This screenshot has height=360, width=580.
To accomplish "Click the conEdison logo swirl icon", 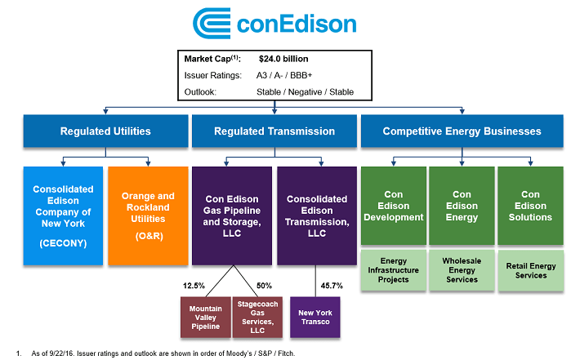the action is coord(212,24).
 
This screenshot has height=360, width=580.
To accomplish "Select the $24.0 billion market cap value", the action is coord(283,59).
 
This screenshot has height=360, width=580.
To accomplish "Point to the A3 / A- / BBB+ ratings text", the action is coord(284,75).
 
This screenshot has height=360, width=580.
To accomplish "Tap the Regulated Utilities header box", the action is coord(106,131).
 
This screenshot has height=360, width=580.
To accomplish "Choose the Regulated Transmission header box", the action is coord(274,131).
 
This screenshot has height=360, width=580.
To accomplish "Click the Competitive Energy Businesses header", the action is coord(462,131).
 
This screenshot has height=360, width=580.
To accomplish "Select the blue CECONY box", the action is coord(63,216).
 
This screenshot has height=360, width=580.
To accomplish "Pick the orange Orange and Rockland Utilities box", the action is coord(148,216).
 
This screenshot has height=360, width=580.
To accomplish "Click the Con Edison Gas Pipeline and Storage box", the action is coord(232,216).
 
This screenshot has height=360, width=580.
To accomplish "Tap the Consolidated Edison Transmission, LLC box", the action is coord(317,216).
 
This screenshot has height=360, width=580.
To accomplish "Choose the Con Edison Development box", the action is coord(394,206).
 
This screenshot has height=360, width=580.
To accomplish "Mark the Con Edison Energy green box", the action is coord(462,206).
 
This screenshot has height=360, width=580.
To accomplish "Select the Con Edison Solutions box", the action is coord(530,206).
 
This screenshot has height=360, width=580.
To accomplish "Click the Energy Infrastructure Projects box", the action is coord(394,270).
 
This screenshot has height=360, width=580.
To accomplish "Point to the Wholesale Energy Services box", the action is coord(462,270).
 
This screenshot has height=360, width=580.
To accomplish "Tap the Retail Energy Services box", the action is coord(531,270).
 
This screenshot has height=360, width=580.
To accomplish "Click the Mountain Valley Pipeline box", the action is coord(206,317).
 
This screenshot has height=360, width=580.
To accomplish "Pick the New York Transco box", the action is coord(315,317).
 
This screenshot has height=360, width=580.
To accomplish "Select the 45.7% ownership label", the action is coord(332,286).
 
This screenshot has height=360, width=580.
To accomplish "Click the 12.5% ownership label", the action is coord(194,286).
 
